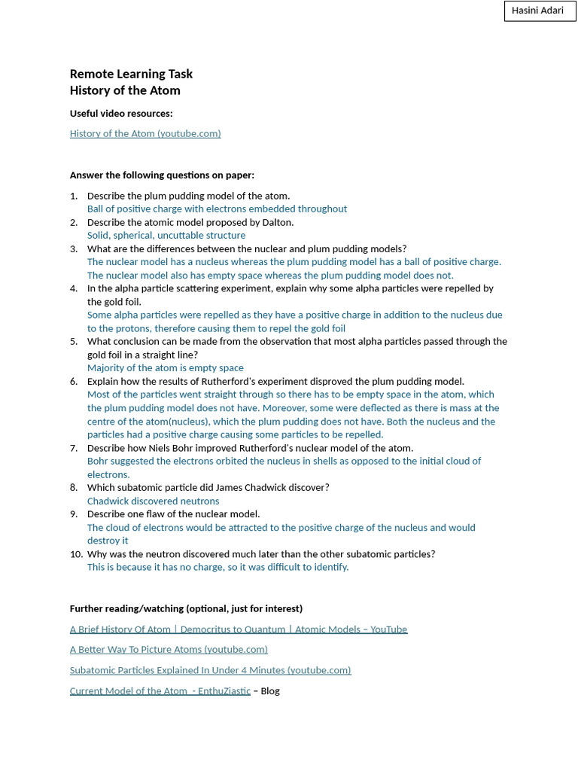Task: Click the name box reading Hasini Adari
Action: pos(539,11)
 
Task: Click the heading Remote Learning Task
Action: pos(131,74)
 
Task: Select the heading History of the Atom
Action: pos(125,90)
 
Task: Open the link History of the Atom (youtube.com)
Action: pos(145,133)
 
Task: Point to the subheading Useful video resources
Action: pos(121,114)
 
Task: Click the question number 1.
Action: pos(74,196)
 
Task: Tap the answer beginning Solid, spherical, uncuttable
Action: pos(166,236)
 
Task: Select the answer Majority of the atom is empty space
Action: pos(166,368)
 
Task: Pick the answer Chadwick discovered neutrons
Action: pos(154,501)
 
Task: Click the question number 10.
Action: pos(76,554)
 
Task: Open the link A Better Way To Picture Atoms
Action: pos(169,649)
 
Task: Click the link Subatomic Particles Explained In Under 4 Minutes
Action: pos(210,670)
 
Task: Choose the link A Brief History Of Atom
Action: pos(238,629)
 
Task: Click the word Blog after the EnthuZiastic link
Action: pos(270,691)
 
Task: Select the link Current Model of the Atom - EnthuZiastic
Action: pos(160,691)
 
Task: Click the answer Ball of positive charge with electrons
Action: pos(217,209)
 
